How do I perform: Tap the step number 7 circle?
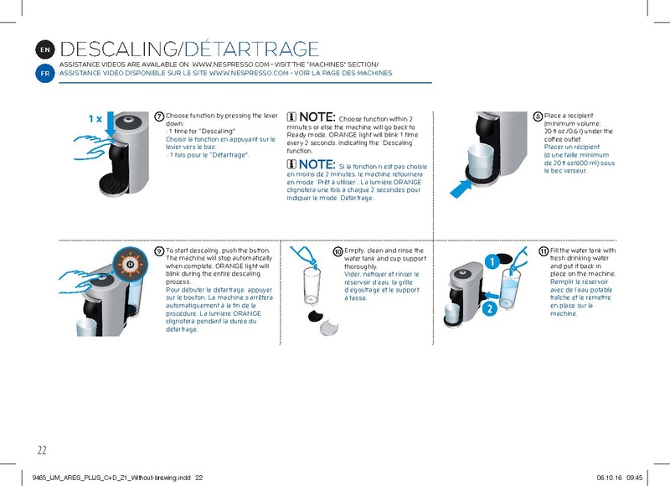click(x=159, y=116)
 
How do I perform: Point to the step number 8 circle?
click(x=537, y=116)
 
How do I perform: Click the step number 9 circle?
click(x=159, y=251)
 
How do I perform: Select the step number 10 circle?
click(x=338, y=251)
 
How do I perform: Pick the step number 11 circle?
click(x=543, y=251)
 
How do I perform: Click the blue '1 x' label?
click(x=95, y=119)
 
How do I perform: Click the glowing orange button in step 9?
click(x=130, y=264)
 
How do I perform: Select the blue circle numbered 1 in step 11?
click(x=493, y=262)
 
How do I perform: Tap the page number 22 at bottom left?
click(x=41, y=450)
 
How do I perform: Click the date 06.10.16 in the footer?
click(x=610, y=477)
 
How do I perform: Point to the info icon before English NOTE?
click(x=291, y=116)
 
